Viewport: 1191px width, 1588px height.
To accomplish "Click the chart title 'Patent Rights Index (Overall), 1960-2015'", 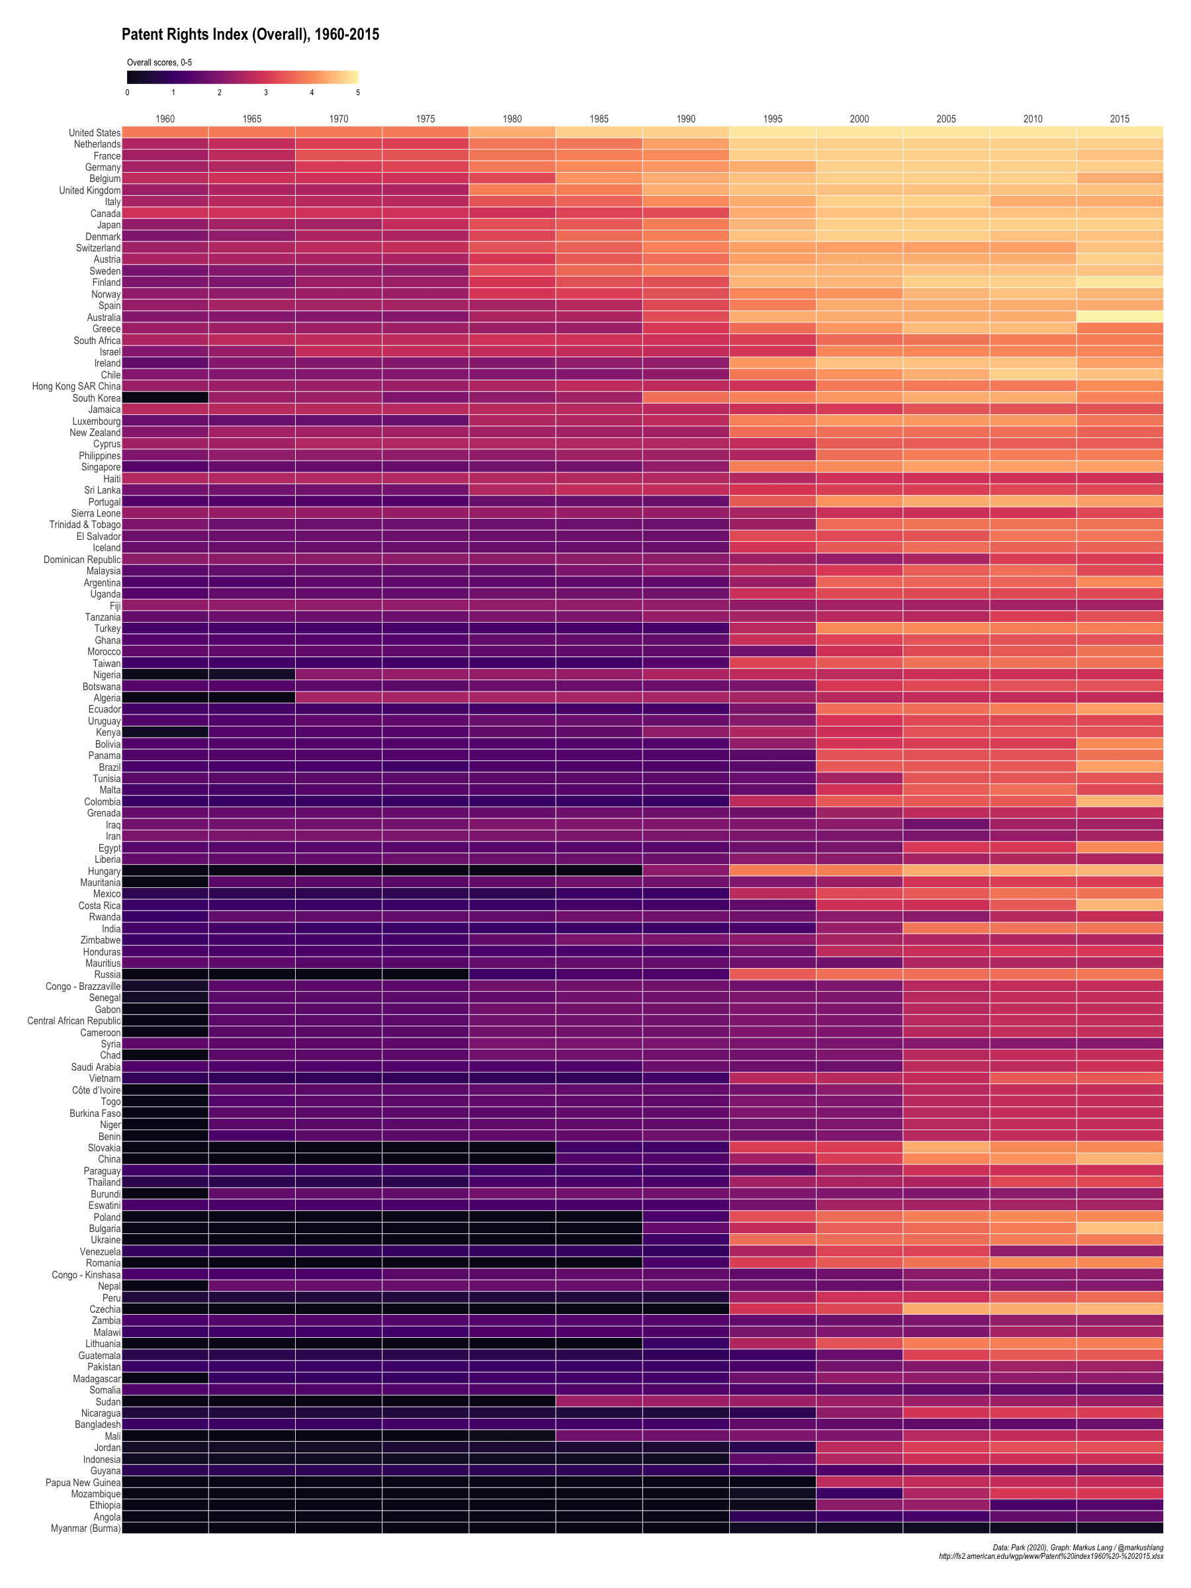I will coord(250,34).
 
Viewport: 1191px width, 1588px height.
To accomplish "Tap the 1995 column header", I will coord(772,119).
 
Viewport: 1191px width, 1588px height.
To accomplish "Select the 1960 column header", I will coord(165,119).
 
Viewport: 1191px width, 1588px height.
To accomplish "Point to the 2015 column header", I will coord(1120,119).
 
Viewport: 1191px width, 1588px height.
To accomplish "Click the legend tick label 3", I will coord(265,93).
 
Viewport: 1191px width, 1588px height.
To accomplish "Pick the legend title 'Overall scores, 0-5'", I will coord(159,63).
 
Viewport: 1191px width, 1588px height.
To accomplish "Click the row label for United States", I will coord(95,133).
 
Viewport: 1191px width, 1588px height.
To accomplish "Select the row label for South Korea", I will coord(96,398).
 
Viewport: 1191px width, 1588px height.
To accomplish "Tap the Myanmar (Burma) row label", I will coord(85,1528).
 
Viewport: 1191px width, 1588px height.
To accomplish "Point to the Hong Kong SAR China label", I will coord(76,386).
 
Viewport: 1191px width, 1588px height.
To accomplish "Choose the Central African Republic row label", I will coord(74,1021).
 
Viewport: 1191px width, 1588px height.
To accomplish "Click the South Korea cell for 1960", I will coord(165,398).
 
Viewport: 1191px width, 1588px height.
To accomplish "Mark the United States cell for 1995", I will coord(772,133).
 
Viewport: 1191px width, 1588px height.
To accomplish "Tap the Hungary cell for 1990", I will coord(685,871).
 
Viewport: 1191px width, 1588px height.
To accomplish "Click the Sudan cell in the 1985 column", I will coord(599,1401).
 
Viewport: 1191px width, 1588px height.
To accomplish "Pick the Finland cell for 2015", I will coord(1120,282).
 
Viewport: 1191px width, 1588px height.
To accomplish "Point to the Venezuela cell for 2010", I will coord(1032,1251).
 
